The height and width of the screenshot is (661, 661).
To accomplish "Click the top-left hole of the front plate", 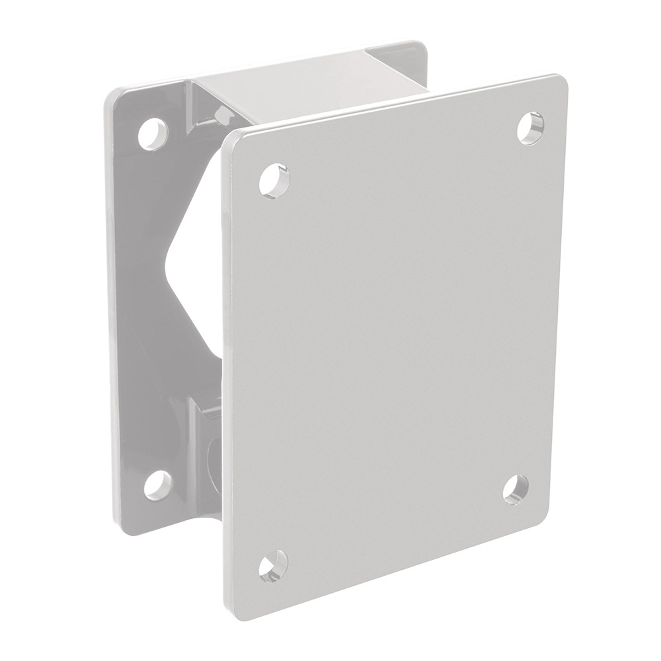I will click(274, 180).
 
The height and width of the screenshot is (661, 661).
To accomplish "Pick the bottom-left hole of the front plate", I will click(273, 565).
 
